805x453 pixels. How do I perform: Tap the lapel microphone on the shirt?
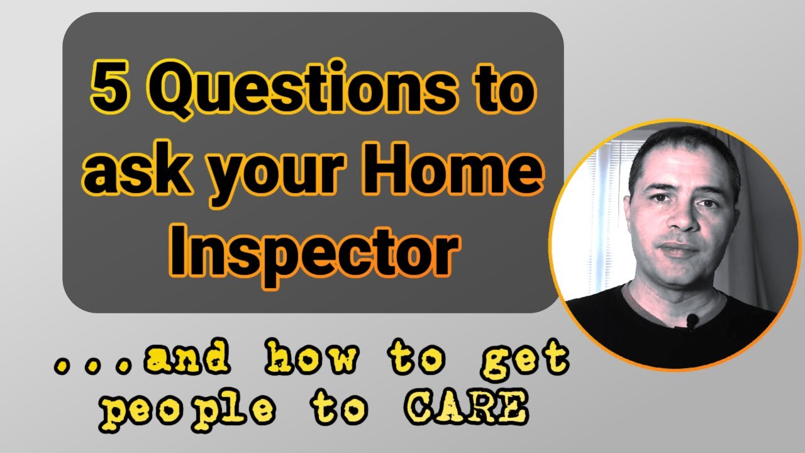click(x=692, y=322)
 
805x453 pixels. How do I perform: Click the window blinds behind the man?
click(x=604, y=208)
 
